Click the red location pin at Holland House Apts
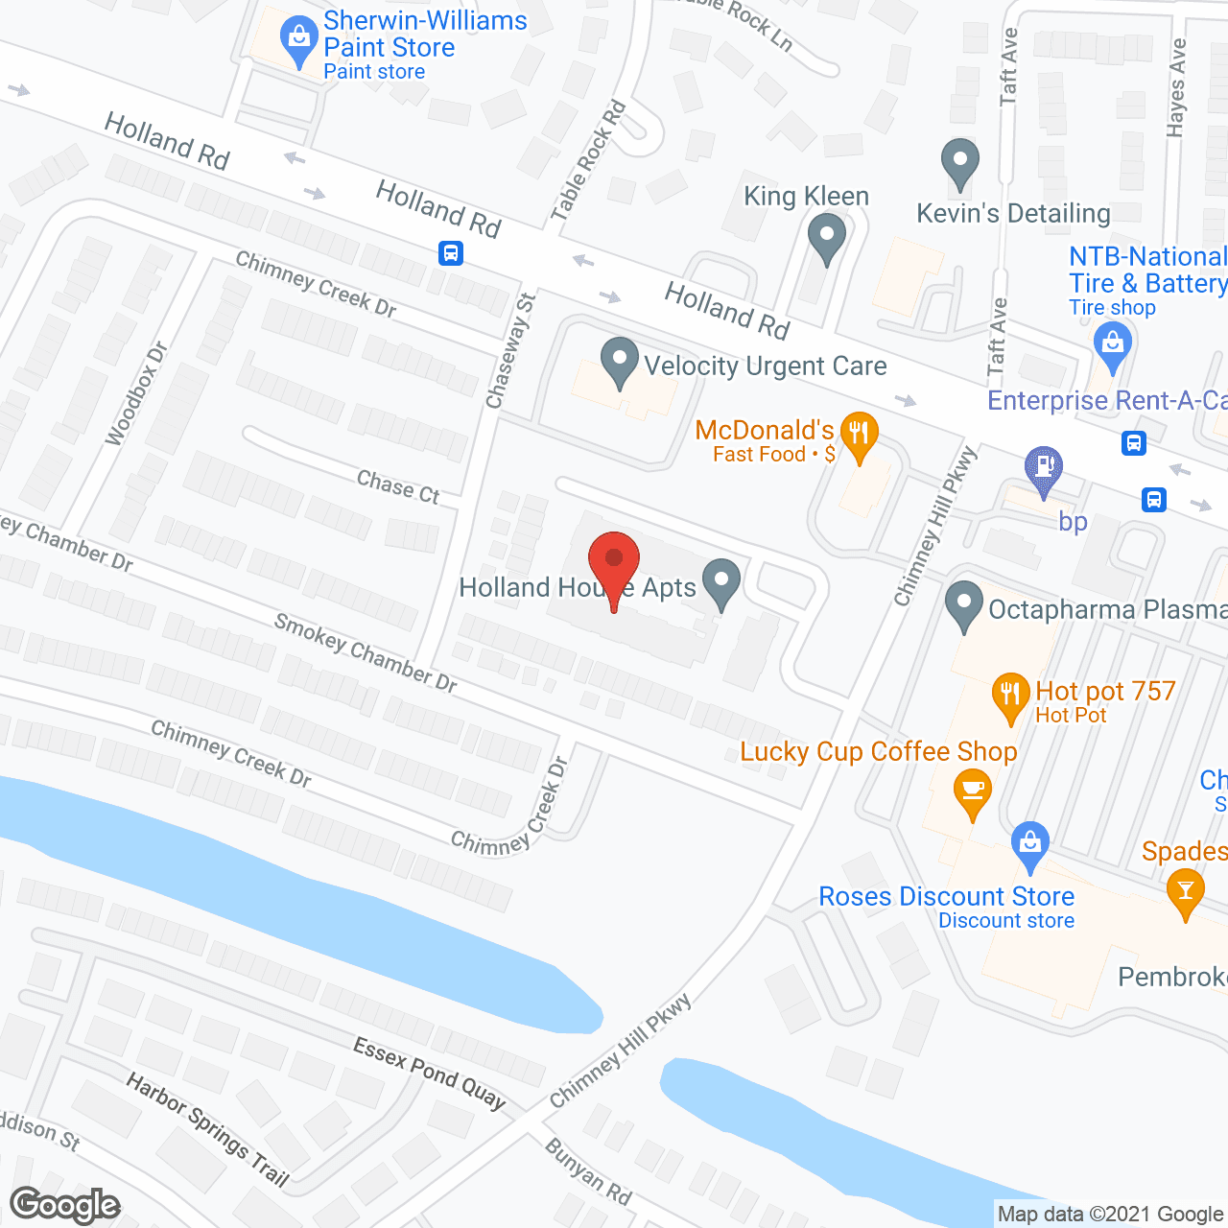(613, 562)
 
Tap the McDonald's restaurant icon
(859, 435)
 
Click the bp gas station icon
(1044, 469)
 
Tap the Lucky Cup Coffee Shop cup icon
(973, 792)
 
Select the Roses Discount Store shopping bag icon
(1029, 843)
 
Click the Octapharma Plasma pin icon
(964, 604)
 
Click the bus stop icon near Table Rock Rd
(450, 253)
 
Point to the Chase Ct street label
(398, 487)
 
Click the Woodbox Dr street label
(136, 393)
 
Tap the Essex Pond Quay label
(429, 1073)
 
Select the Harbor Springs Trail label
(207, 1130)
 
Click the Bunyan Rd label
(588, 1171)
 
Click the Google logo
(64, 1205)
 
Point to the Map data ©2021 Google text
(1110, 1215)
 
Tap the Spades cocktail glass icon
(1186, 891)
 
